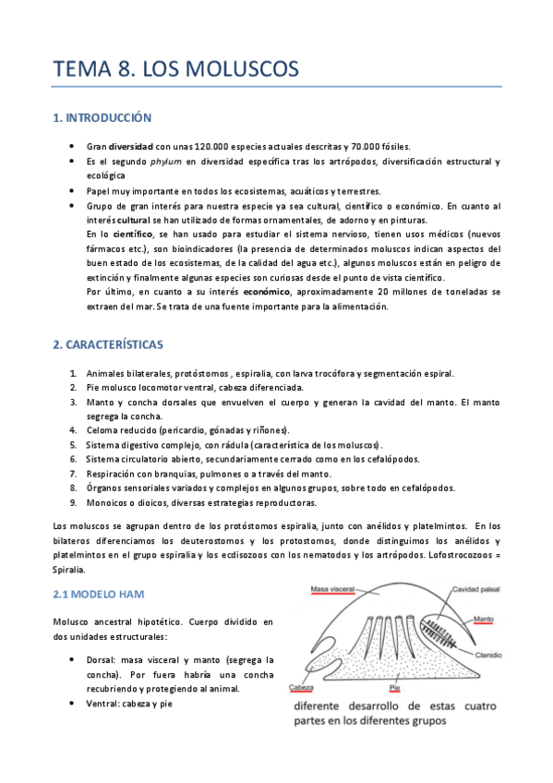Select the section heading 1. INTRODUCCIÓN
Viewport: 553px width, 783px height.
point(102,118)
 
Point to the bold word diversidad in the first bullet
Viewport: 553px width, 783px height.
point(131,147)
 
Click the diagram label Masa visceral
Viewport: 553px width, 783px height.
point(333,588)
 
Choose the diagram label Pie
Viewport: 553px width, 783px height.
point(394,689)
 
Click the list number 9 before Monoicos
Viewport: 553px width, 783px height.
point(73,502)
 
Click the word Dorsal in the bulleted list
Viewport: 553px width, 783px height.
point(102,660)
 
